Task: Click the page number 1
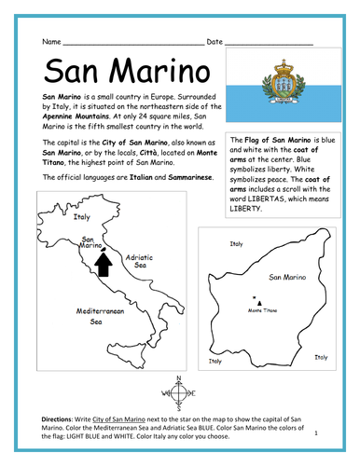tap(317, 432)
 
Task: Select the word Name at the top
tap(51, 42)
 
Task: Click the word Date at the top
tap(215, 42)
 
